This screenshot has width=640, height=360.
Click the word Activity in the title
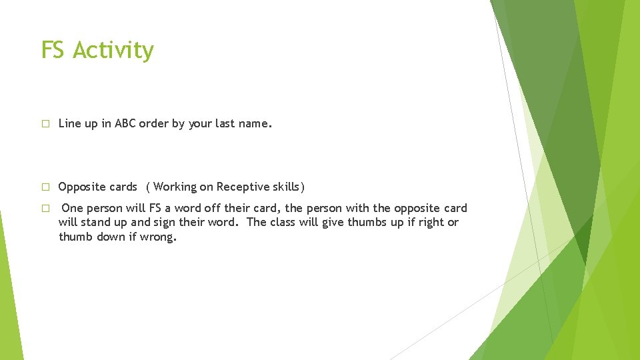(114, 51)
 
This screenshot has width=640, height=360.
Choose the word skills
(287, 187)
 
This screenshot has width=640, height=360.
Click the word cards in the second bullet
(123, 187)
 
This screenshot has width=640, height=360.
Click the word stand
(97, 222)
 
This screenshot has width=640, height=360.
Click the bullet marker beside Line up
(45, 124)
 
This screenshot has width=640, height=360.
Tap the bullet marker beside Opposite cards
(45, 187)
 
